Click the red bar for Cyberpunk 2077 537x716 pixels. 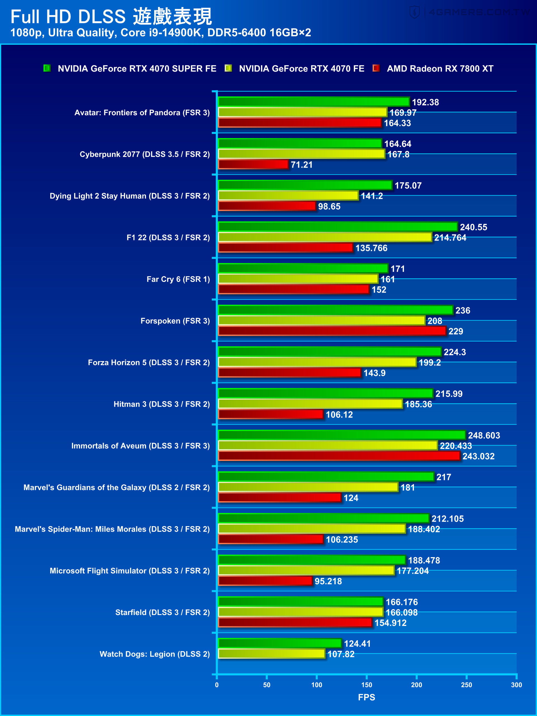253,164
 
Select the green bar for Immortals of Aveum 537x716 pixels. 341,435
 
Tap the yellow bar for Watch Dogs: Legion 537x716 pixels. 271,654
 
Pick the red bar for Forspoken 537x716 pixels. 332,331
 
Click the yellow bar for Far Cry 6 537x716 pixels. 298,279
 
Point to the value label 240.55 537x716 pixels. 473,227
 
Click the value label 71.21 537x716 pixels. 301,165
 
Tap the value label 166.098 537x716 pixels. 401,613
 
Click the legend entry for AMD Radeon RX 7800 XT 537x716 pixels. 440,69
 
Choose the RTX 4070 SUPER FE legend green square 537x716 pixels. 47,68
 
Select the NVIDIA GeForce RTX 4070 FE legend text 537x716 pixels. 301,69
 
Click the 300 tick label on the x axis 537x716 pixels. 516,685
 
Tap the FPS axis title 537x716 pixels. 366,697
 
